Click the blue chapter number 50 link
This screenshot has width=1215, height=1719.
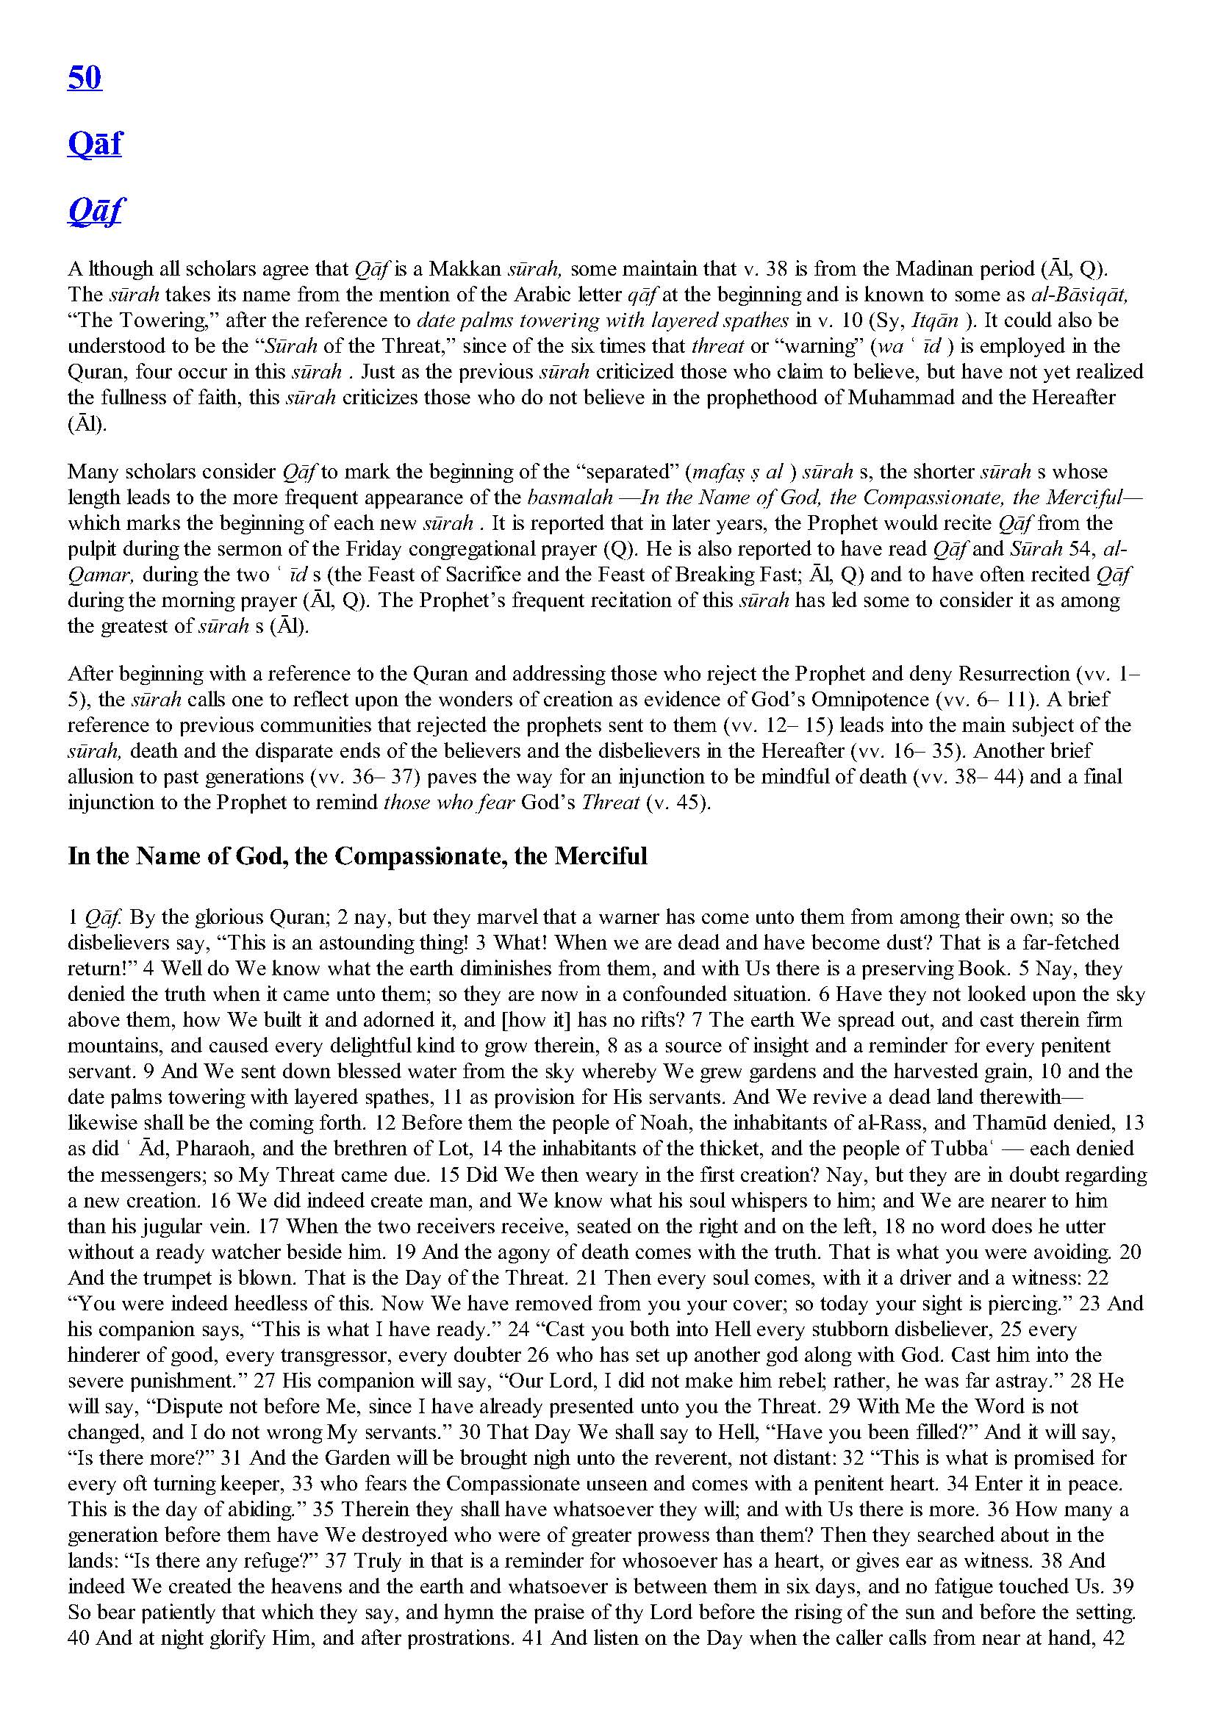click(84, 77)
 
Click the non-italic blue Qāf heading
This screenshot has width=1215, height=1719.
click(94, 143)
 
